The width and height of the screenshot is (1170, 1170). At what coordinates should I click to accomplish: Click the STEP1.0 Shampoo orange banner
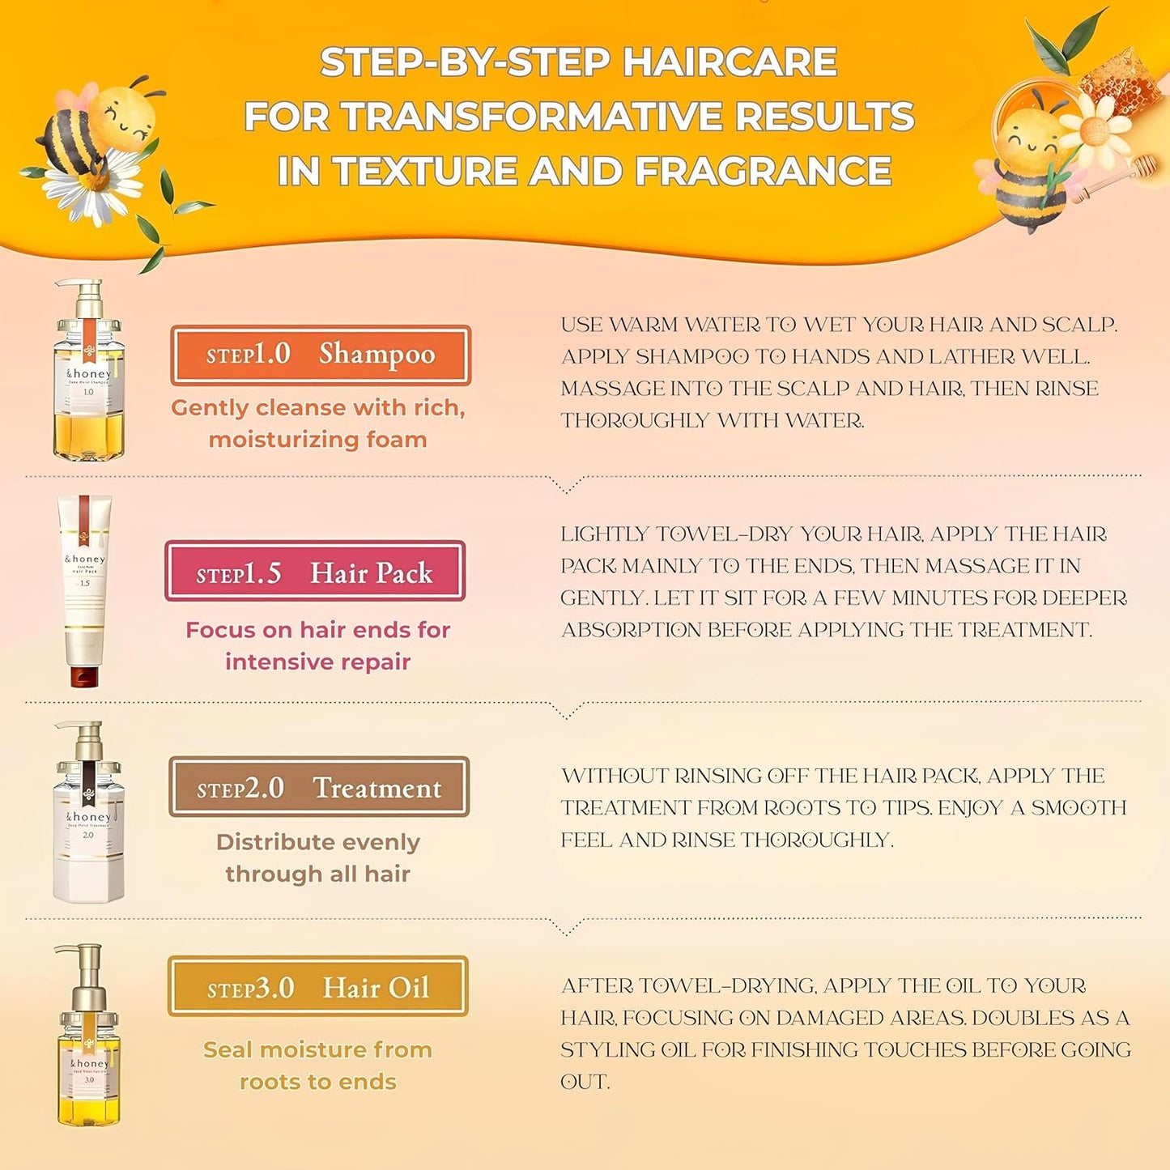[x=321, y=355]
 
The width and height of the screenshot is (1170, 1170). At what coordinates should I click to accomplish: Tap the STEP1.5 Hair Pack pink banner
[x=315, y=572]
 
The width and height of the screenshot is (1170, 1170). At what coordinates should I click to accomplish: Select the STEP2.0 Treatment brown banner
[x=319, y=787]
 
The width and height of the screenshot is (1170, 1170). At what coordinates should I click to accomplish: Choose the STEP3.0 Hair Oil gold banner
[x=318, y=986]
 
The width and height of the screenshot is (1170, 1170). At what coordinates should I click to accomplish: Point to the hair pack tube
[x=84, y=583]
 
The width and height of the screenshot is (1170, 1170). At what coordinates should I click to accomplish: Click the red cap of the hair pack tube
[x=84, y=675]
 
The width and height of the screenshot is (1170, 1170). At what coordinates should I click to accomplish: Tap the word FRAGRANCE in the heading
[x=763, y=172]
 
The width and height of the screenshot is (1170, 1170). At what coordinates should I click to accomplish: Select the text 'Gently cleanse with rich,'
[x=318, y=407]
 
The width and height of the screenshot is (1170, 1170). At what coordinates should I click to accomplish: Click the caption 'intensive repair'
[x=318, y=662]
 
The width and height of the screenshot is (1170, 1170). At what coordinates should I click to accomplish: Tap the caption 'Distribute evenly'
[x=318, y=842]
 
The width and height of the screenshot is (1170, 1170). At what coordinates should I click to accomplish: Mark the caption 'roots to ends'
[x=318, y=1082]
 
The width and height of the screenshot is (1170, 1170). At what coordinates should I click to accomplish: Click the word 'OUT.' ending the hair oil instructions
[x=585, y=1082]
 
